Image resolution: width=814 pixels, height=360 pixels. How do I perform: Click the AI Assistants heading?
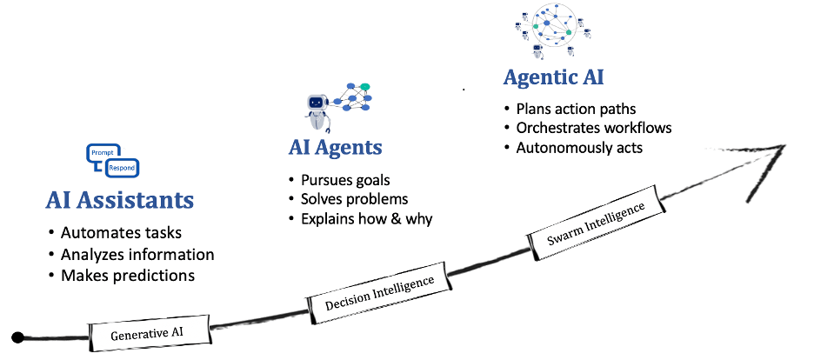point(119,200)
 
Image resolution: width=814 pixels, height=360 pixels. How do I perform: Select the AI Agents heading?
point(336,147)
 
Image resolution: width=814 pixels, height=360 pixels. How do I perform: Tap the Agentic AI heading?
point(553,77)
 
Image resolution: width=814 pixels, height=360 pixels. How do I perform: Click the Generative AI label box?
point(150,333)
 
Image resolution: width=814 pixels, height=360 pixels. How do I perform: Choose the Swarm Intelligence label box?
point(596,224)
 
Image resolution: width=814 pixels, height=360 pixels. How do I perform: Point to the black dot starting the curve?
point(18,337)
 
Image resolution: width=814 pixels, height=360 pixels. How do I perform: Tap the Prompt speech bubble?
point(103,154)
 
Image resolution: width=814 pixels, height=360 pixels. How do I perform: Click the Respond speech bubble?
point(123,168)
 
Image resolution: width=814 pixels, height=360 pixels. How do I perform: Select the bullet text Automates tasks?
point(122,232)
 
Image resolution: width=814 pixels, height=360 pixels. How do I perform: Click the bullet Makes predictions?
point(128,275)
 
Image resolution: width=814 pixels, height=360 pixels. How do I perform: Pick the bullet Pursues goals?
point(345,180)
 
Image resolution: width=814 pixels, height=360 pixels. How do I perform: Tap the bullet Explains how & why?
point(366,218)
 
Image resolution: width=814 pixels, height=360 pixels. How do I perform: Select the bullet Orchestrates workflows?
point(594,128)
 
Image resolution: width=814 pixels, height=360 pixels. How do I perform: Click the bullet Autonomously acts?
point(579,147)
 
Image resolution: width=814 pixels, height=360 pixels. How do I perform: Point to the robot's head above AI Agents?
point(317,103)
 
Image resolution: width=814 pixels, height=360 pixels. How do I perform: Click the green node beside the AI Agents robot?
point(365,86)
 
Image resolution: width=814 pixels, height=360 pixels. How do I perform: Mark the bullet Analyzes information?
point(137,254)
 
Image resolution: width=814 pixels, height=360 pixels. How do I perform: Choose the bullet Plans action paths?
point(576,109)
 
